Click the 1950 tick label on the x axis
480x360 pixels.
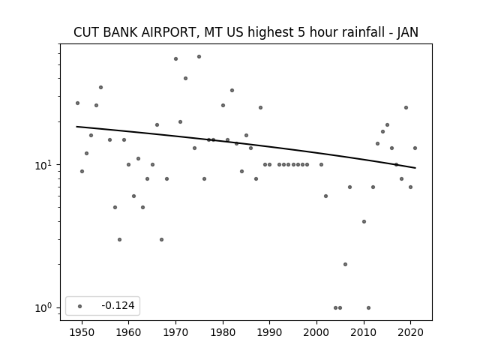(82, 332)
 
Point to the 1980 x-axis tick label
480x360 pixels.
(223, 332)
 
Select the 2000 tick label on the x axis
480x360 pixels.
(316, 332)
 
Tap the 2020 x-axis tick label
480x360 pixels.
(411, 332)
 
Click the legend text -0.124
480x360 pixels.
(118, 305)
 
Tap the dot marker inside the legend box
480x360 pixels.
(80, 306)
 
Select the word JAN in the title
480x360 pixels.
(407, 32)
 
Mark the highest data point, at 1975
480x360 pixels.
(199, 57)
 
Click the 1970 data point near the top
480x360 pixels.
(175, 58)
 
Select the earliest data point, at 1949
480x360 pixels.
(77, 103)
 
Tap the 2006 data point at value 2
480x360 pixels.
(345, 265)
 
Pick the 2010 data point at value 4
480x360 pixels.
(364, 222)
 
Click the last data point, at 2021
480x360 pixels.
(415, 148)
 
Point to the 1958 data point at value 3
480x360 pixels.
(119, 240)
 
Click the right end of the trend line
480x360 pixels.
(415, 168)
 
